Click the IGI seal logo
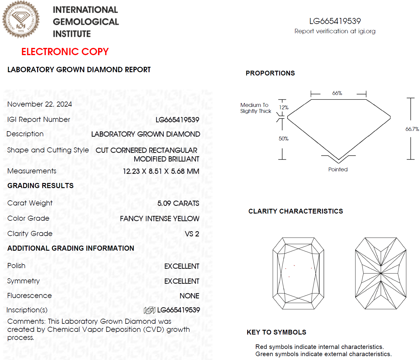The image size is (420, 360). coord(21,20)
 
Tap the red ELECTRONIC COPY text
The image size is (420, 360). coord(65,52)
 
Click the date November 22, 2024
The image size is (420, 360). coord(40,104)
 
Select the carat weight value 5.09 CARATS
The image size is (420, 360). coord(178,203)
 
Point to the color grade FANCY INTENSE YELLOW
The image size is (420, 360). coord(159,219)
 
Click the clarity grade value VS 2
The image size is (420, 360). coord(192,234)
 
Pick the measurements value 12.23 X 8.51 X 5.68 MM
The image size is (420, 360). coord(161,171)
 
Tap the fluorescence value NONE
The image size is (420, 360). coord(189,296)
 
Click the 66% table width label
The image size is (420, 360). coord(337,93)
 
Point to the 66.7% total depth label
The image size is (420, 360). coord(412,129)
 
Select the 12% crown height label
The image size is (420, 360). coord(284,108)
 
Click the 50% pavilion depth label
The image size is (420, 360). coord(283,139)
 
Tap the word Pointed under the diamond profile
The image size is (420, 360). coord(338,170)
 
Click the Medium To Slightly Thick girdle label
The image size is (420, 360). coord(255,108)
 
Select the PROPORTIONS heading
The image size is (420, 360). coord(270,73)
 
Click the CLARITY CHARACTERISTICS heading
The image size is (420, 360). coord(295,211)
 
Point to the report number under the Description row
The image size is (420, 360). coord(177,120)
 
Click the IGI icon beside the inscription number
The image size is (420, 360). coord(149,310)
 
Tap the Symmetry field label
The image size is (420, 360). coord(23,281)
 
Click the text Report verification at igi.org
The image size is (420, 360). coord(335,31)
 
